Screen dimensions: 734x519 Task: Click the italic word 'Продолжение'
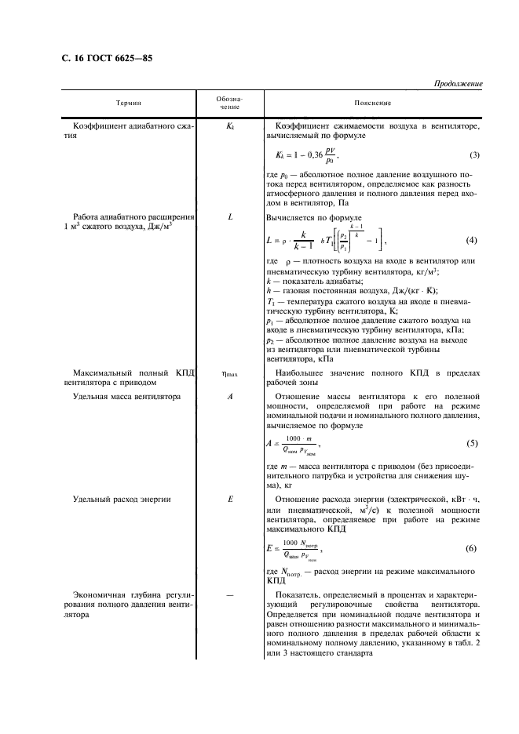[x=458, y=85]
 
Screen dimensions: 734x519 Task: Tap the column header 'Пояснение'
[x=373, y=104]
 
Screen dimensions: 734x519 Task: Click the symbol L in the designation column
[x=230, y=216]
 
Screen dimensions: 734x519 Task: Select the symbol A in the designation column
[x=230, y=397]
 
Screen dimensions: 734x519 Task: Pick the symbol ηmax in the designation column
[x=230, y=375]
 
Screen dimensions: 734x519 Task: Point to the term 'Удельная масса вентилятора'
[x=126, y=397]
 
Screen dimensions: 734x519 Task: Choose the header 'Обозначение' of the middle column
[x=230, y=104]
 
